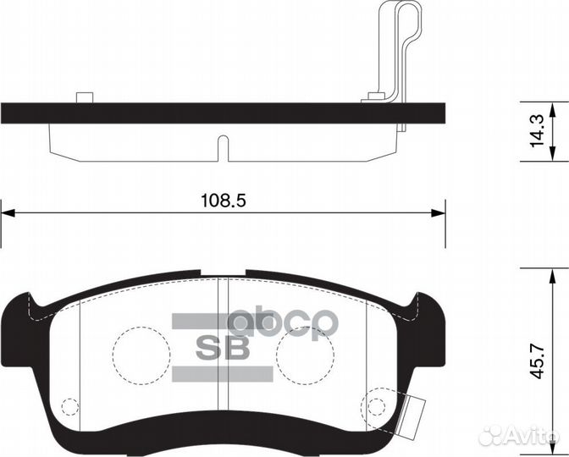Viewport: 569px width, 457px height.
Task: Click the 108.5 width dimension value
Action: [x=223, y=200]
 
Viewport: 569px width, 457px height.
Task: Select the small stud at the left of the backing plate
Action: [x=83, y=97]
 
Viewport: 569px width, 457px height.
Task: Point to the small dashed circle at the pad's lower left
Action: [x=69, y=408]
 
